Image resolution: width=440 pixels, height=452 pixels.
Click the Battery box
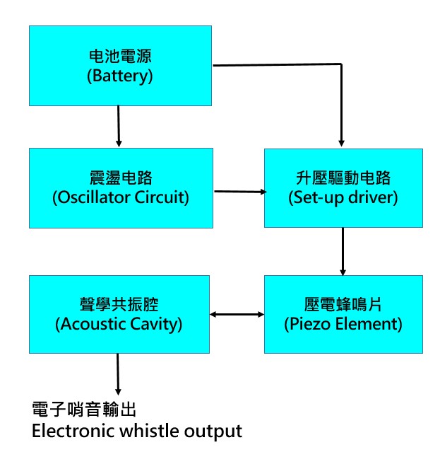[120, 66]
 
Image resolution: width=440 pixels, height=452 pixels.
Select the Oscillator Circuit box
[120, 187]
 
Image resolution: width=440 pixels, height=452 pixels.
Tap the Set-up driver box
[343, 187]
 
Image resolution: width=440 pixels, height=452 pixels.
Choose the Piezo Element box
[343, 315]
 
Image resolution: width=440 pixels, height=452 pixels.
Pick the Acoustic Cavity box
[120, 315]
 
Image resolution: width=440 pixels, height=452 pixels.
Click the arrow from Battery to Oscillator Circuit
[119, 127]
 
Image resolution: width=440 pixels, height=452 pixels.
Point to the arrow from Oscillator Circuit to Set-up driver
[239, 191]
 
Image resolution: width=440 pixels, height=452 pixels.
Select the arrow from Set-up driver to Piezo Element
[343, 251]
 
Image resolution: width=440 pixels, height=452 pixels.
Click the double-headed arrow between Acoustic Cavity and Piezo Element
[238, 314]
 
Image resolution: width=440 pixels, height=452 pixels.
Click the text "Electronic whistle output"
[137, 431]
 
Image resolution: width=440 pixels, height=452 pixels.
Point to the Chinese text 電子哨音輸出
[84, 410]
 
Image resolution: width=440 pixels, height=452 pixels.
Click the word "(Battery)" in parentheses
[120, 76]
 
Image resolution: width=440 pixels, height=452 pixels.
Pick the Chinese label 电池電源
[120, 55]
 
